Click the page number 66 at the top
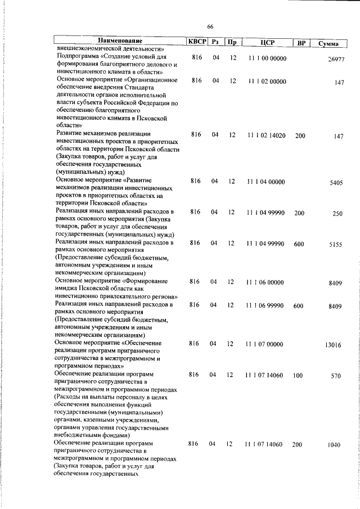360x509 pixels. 210,26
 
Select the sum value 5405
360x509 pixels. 335,183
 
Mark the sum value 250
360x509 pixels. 337,214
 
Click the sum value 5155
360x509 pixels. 335,245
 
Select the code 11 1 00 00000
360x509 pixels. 267,58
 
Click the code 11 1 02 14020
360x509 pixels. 267,136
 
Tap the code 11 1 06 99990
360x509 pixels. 267,305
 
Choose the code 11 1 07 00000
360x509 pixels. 265,344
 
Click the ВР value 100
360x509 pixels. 298,375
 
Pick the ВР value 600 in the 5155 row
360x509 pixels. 299,244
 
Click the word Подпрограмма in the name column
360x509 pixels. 78,58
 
